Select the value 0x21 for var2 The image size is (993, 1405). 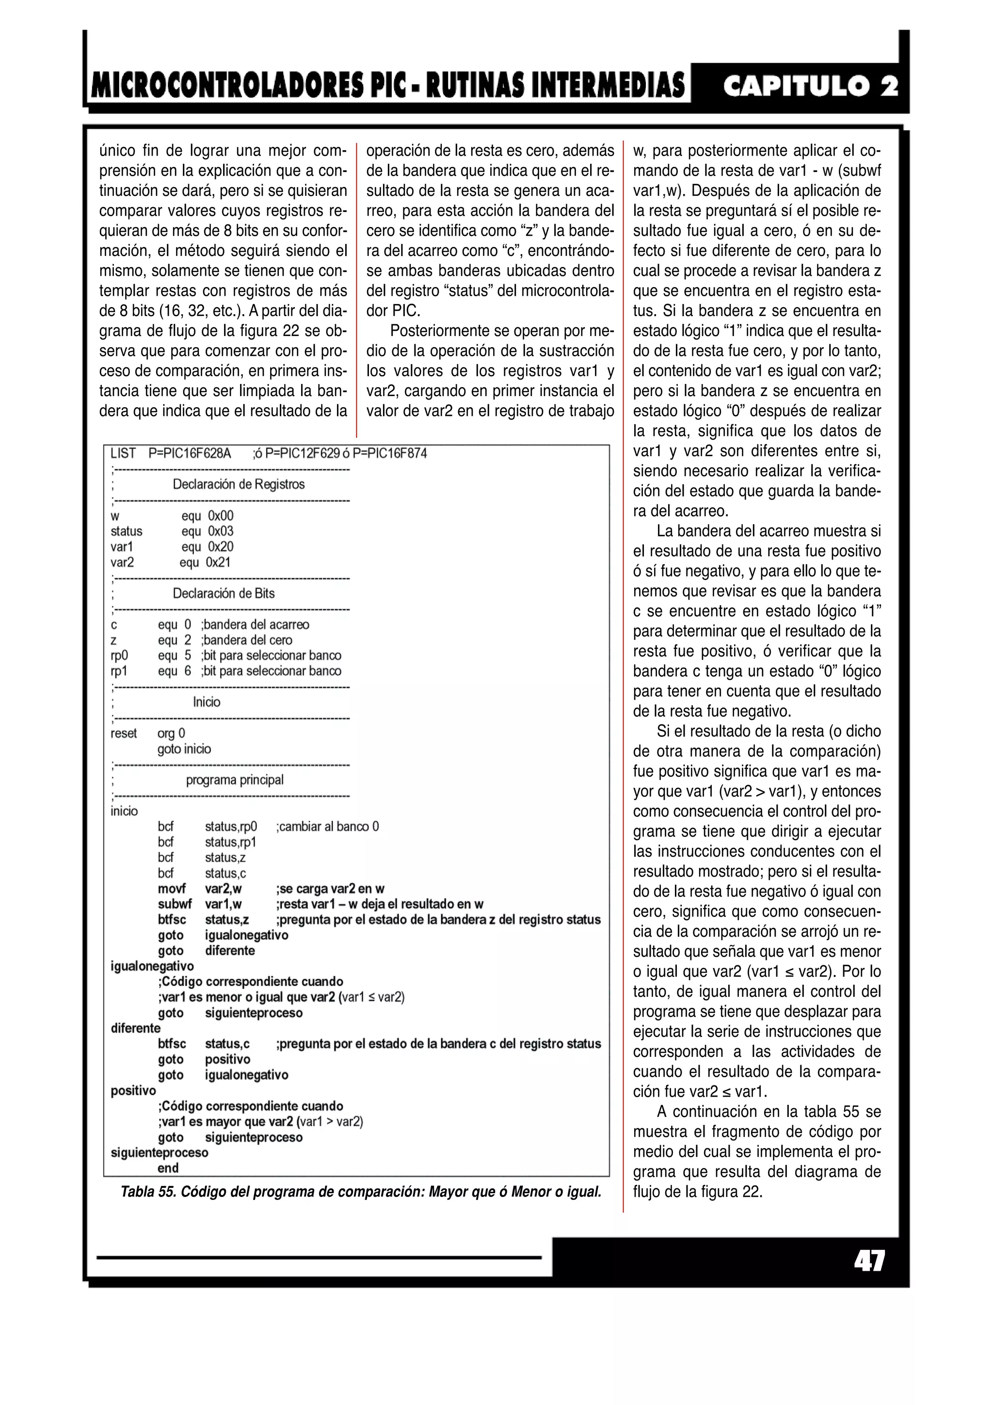point(218,562)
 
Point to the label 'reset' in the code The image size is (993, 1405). point(124,733)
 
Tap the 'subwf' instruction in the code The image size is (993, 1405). point(175,904)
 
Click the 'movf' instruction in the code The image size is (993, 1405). point(172,889)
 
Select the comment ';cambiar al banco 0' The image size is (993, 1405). point(327,826)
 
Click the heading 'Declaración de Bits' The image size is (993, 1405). point(224,593)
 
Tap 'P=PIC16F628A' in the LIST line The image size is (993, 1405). point(190,453)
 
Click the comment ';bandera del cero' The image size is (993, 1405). point(247,640)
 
